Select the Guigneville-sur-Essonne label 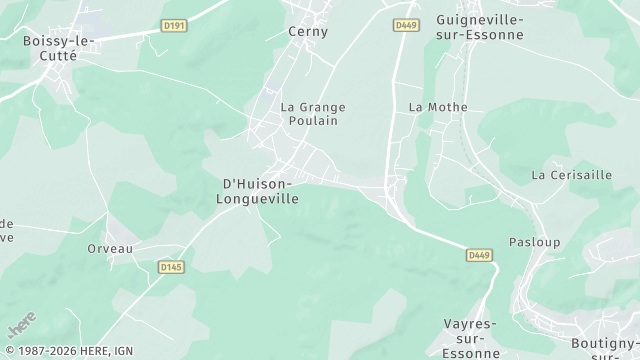point(481,27)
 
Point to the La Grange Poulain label point(309,113)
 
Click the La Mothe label point(431,106)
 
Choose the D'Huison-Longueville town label point(258,191)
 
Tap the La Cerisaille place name point(572,175)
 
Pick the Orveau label point(110,249)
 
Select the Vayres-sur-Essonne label point(470,338)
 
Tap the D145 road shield point(171,267)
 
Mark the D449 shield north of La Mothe point(405,24)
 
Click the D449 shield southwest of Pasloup point(480,256)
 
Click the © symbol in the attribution point(9,351)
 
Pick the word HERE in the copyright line point(94,351)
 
